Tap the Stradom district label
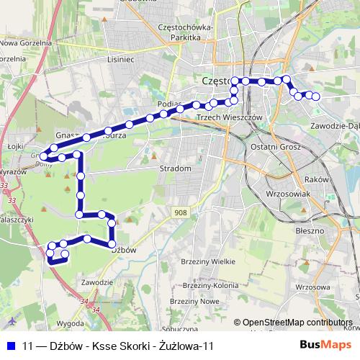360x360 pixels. click(x=176, y=168)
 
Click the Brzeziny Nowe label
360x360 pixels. click(x=201, y=301)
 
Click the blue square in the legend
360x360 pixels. click(x=12, y=346)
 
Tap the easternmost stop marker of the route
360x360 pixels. click(x=315, y=96)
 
